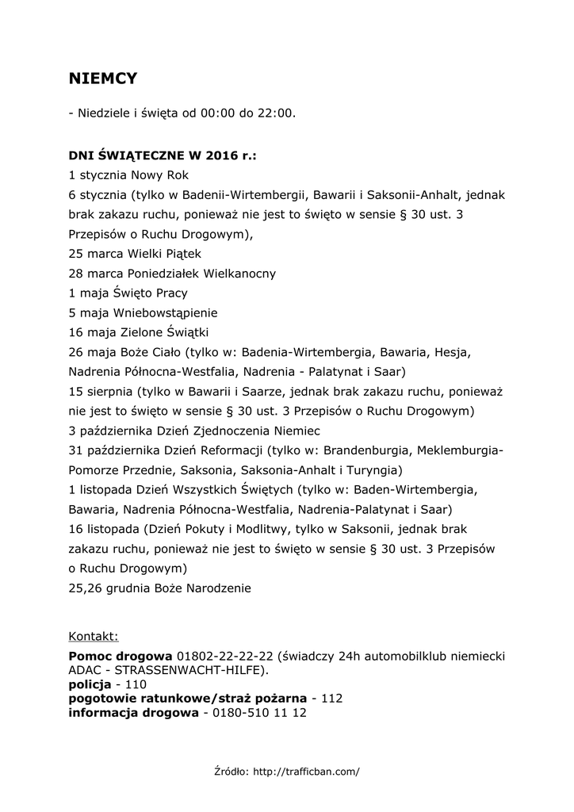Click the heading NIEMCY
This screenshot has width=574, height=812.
pos(103,78)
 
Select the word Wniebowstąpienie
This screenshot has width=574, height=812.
pos(165,312)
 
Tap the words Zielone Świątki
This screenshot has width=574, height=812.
pos(165,332)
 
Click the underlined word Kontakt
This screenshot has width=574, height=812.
pos(94,636)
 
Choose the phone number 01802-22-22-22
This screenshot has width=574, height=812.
pos(225,657)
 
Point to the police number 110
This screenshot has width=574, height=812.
pos(136,684)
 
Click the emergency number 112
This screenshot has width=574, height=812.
pos(332,699)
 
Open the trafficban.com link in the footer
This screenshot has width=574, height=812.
pos(306,771)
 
